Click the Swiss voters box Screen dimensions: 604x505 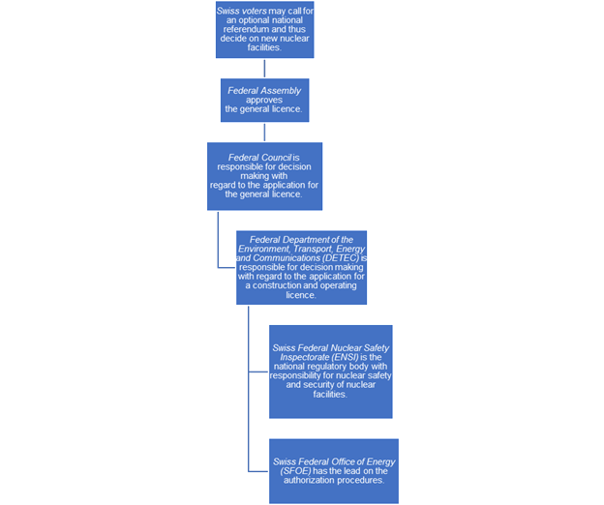point(264,30)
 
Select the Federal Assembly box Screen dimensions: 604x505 point(264,100)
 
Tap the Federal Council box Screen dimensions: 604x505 point(264,176)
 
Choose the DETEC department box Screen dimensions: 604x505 point(301,268)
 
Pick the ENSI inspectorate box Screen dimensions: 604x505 point(330,371)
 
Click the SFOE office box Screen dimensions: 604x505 point(334,471)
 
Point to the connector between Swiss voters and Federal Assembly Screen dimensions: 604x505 point(264,69)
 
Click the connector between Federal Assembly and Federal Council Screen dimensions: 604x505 point(264,133)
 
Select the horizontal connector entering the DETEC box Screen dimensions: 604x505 point(226,267)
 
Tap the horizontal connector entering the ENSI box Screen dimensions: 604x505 point(258,371)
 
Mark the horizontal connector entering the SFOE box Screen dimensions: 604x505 point(258,471)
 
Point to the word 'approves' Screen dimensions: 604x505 point(264,100)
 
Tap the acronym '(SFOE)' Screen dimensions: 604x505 point(296,471)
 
